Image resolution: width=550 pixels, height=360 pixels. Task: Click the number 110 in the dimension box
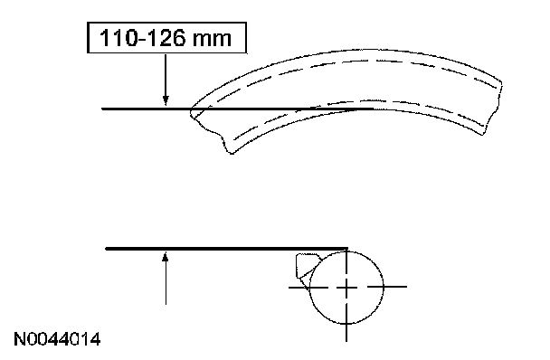point(119,38)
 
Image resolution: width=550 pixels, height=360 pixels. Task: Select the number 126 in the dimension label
point(165,38)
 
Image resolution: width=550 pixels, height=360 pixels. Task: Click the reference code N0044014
point(57,339)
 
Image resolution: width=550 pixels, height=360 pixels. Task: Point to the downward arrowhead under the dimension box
point(166,100)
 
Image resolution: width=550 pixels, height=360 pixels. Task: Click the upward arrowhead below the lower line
point(166,258)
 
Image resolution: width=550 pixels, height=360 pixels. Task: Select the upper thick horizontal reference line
point(238,109)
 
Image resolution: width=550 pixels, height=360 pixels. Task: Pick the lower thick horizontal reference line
point(227,249)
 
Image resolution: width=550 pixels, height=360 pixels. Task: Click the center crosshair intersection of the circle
point(346,287)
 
